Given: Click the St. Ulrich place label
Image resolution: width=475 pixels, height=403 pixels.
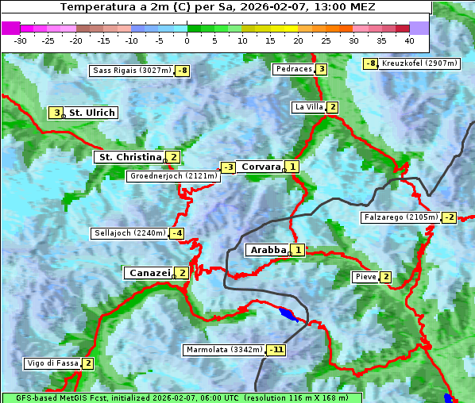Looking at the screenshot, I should (x=92, y=113).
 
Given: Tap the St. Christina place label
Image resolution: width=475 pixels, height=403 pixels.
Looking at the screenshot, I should (x=129, y=157).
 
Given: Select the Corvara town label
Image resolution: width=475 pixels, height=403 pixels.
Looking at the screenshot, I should (x=261, y=167).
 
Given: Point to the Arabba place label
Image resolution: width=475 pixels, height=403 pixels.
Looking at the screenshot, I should (x=268, y=250).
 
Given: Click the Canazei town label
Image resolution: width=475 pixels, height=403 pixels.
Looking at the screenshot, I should (x=149, y=272).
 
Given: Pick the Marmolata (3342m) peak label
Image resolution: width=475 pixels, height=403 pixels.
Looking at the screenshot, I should (x=224, y=350).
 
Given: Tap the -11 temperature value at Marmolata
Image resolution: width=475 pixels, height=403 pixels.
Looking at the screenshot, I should (x=276, y=350).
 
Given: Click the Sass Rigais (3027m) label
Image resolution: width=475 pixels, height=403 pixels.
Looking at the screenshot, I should (x=132, y=71).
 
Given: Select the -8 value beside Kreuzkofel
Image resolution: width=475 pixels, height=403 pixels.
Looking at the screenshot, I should (x=370, y=63).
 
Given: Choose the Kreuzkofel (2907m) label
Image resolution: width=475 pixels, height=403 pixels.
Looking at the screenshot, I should (x=419, y=63).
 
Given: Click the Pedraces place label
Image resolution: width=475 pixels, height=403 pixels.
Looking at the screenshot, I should (x=293, y=69).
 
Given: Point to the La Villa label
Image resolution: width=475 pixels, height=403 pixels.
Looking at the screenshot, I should (x=308, y=107).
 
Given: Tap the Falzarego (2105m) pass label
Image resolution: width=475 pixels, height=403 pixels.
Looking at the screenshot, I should (x=400, y=217).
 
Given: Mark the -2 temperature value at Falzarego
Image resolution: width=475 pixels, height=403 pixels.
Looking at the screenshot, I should (x=450, y=217).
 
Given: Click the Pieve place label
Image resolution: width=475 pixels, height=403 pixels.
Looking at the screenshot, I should (x=365, y=277).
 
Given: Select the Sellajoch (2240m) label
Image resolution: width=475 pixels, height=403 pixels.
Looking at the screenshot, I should (x=129, y=233).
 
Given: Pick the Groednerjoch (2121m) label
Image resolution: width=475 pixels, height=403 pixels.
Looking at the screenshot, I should (x=172, y=176).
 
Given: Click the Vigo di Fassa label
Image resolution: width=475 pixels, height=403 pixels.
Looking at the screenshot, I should (x=52, y=363).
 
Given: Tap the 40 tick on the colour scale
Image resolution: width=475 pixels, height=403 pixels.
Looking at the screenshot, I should (x=408, y=40).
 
